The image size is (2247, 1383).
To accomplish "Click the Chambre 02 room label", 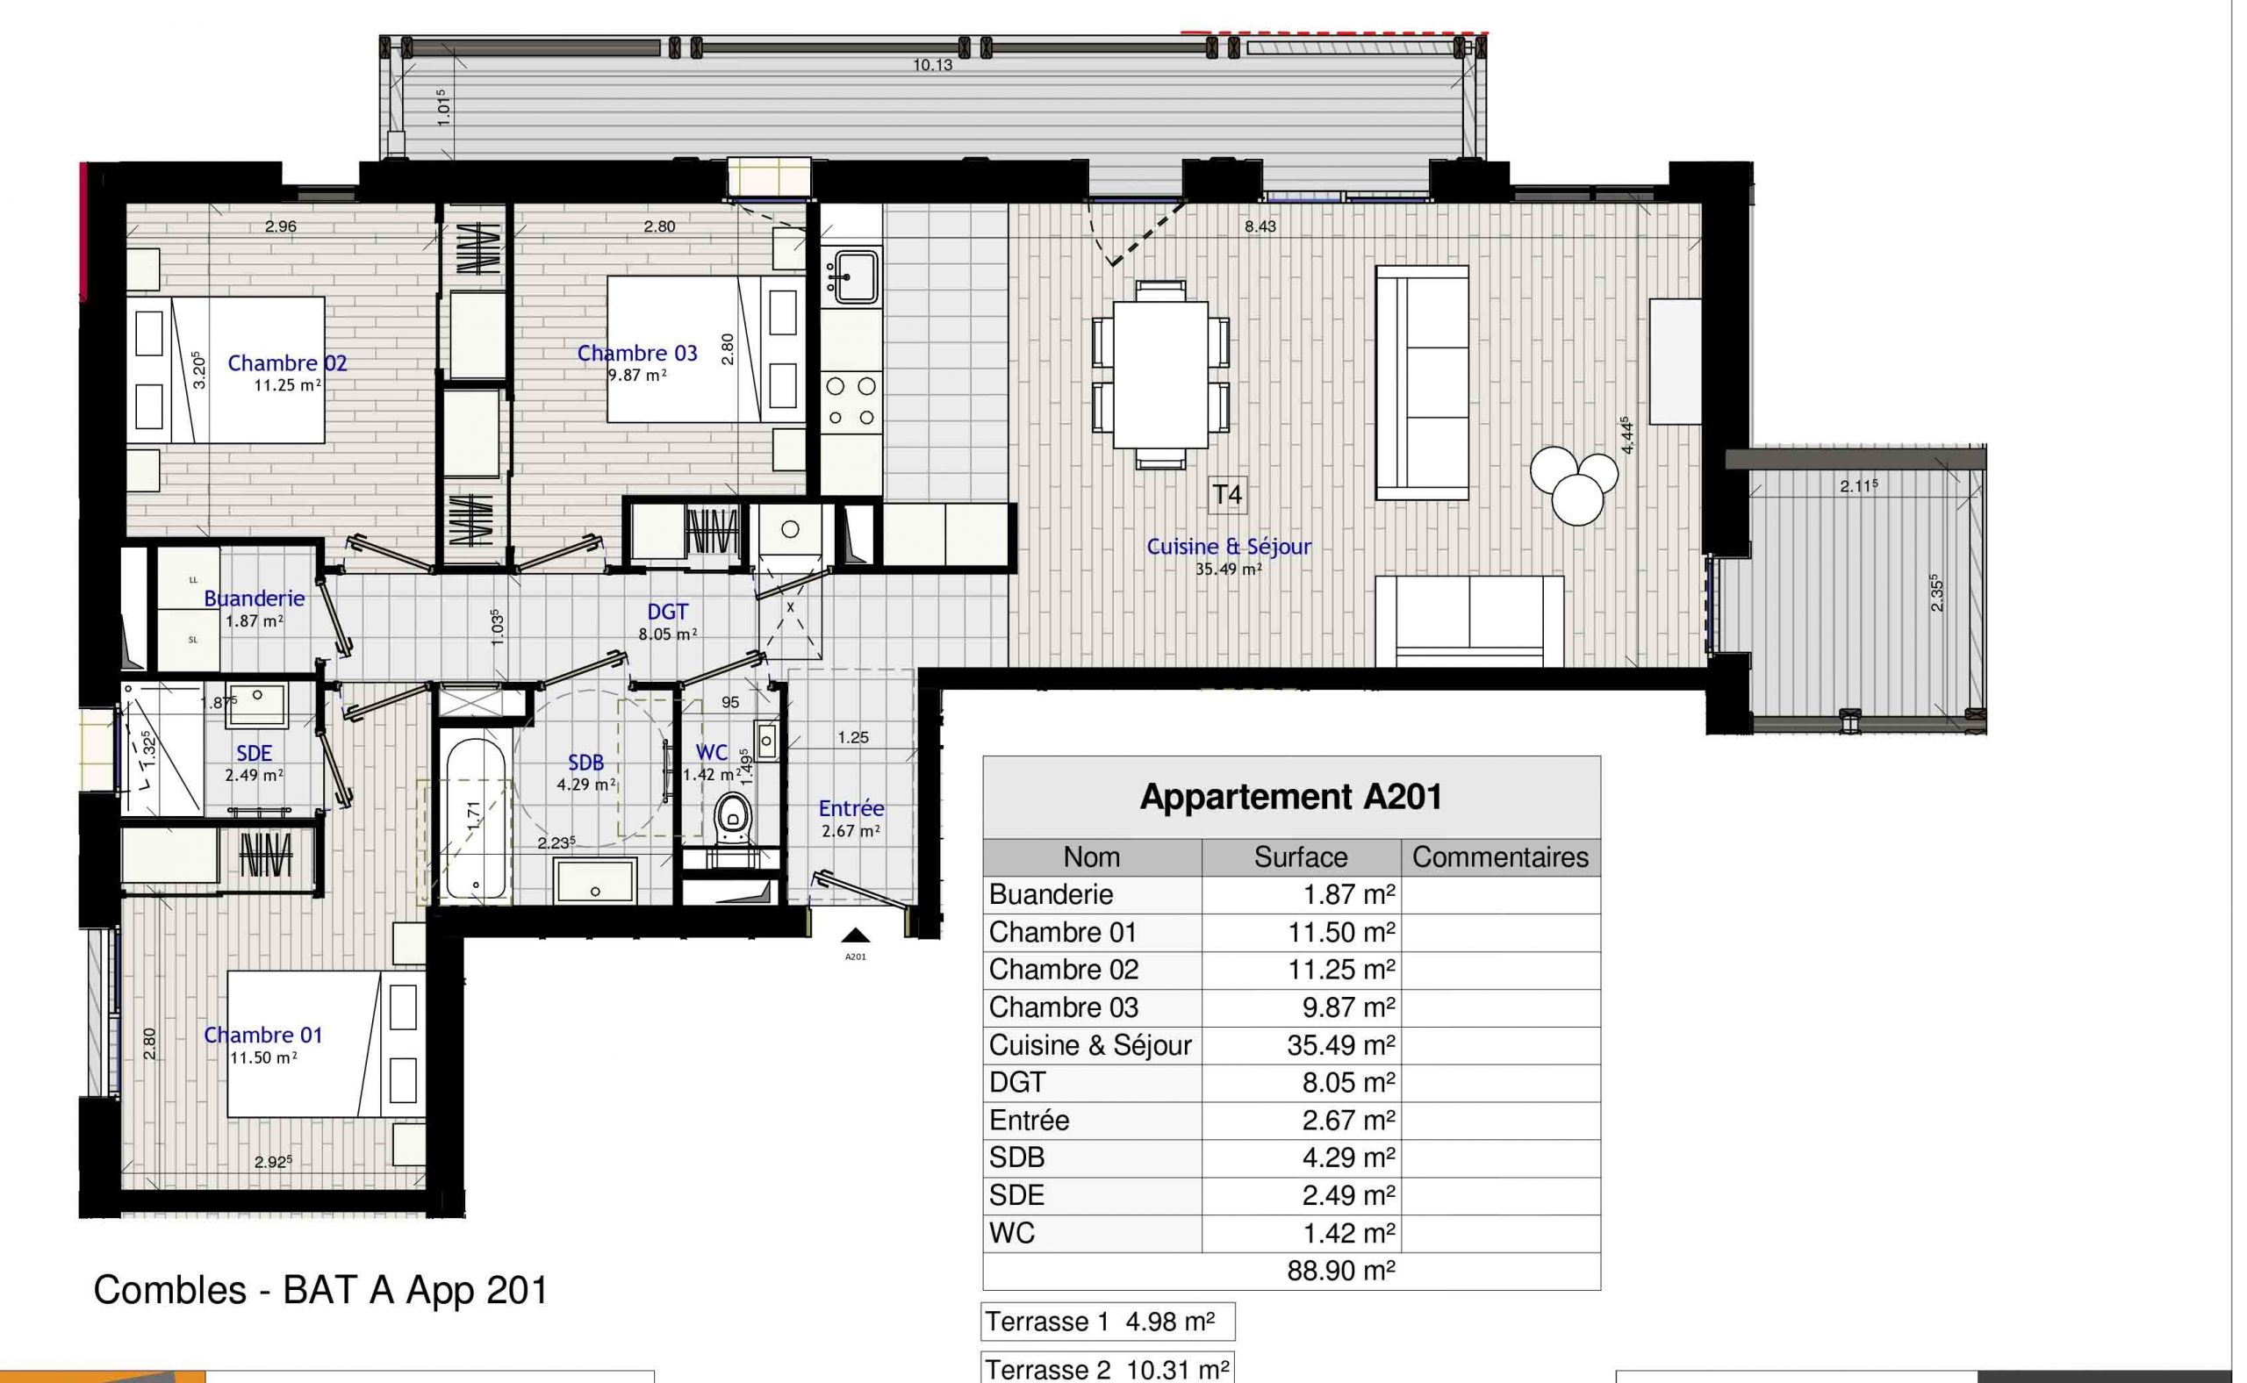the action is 287,363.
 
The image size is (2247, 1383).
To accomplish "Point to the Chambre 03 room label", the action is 638,353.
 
